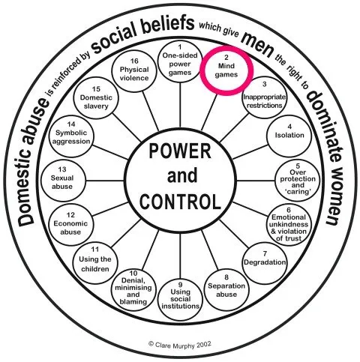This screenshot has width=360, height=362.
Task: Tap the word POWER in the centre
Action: click(x=180, y=151)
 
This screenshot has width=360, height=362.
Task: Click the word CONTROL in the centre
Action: click(x=180, y=202)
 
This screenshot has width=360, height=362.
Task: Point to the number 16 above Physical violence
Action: click(x=134, y=61)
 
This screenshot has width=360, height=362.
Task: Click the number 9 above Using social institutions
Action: click(x=180, y=285)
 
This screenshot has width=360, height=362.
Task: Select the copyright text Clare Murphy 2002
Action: click(x=180, y=345)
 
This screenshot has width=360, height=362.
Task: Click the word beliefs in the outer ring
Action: click(x=166, y=24)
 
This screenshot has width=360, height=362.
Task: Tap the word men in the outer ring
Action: click(x=257, y=44)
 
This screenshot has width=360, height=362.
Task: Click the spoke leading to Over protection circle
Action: click(x=256, y=181)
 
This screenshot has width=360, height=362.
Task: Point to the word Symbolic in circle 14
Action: click(x=71, y=133)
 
